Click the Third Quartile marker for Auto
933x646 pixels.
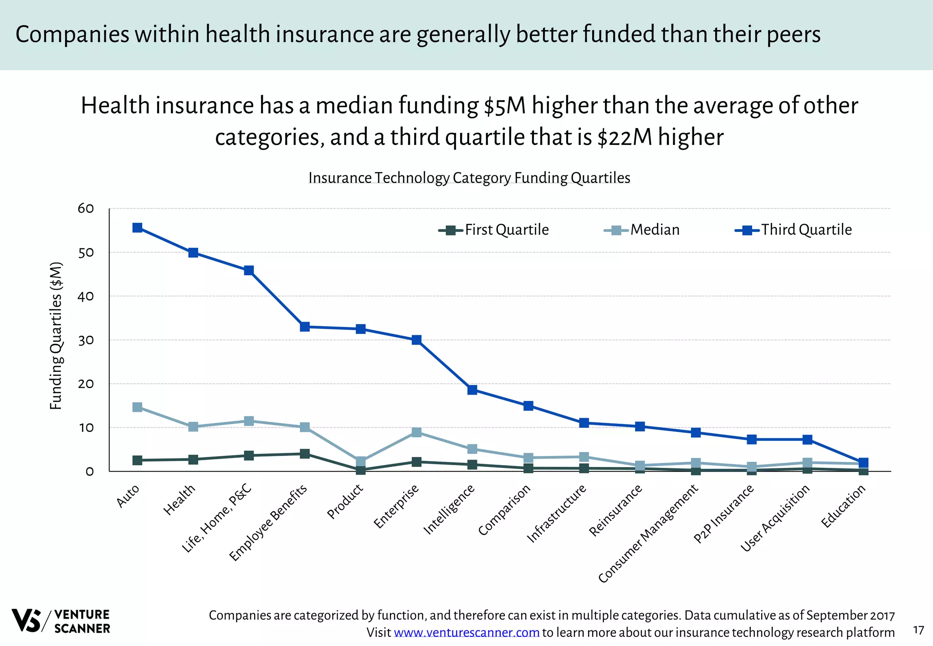click(x=137, y=228)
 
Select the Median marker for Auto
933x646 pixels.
click(x=137, y=407)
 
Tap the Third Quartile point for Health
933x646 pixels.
click(x=193, y=252)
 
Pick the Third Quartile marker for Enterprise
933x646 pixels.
click(x=416, y=340)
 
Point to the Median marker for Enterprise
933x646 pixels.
click(x=416, y=432)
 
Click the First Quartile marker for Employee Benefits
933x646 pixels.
click(x=305, y=454)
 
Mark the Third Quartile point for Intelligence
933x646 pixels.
click(x=472, y=390)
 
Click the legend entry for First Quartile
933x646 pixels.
click(x=494, y=230)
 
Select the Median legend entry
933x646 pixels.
click(x=642, y=230)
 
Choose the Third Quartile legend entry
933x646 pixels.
click(x=794, y=230)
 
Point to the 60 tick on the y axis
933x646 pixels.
click(x=86, y=209)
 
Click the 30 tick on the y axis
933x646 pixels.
click(x=86, y=340)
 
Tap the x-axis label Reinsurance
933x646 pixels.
click(x=615, y=510)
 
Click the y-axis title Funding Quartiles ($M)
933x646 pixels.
click(x=56, y=336)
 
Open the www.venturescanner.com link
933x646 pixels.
click(x=466, y=633)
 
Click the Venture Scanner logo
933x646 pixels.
click(x=61, y=620)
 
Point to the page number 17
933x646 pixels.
click(x=918, y=630)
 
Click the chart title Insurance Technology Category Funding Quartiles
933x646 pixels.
click(x=469, y=178)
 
